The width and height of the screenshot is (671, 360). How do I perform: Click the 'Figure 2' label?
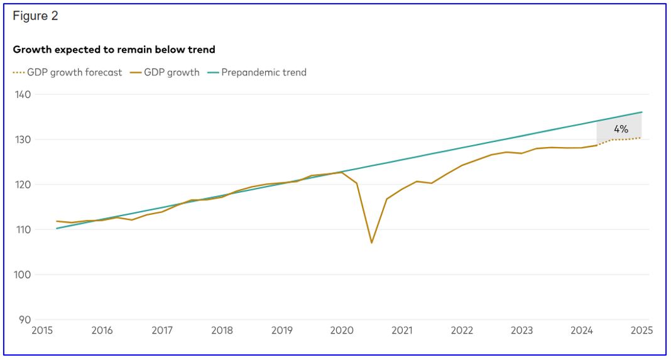(x=35, y=16)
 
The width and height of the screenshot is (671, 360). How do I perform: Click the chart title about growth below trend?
(x=114, y=50)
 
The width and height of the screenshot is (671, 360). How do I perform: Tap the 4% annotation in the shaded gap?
(x=621, y=129)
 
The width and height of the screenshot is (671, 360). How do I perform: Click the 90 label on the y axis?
(x=25, y=320)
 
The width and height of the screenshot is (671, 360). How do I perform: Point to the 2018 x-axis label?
(x=222, y=330)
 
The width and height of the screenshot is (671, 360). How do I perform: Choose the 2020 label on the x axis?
(x=342, y=330)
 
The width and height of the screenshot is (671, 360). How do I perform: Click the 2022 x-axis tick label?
(x=462, y=330)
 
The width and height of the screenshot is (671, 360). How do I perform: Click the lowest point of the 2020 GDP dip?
(x=372, y=243)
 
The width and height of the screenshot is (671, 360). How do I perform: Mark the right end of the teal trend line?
(x=642, y=112)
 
